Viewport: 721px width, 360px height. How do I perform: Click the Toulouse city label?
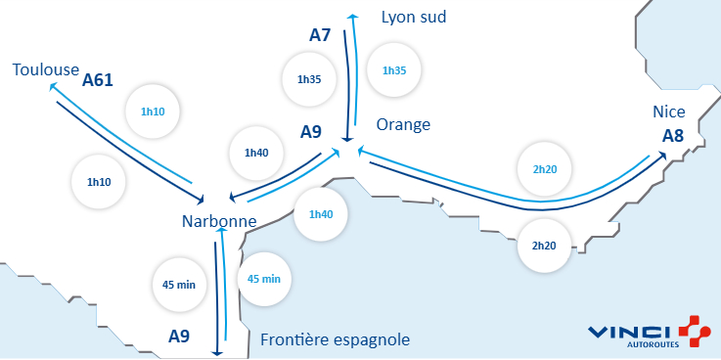[45, 69]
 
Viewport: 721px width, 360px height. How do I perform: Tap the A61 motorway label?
[98, 79]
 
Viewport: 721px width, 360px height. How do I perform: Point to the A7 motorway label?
[320, 35]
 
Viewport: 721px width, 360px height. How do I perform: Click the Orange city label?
[403, 124]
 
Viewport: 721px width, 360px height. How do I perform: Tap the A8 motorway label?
[672, 135]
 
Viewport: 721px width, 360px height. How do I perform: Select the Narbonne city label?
[219, 221]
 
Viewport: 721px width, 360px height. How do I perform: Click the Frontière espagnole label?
[335, 339]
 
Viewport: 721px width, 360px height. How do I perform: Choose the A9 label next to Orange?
[311, 131]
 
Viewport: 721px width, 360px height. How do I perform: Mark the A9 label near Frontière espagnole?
[179, 336]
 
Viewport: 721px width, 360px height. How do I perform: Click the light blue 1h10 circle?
[153, 112]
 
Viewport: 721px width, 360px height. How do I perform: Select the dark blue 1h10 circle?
[99, 182]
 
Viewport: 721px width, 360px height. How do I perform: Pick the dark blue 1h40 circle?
[255, 152]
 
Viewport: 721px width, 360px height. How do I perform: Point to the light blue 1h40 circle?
[321, 214]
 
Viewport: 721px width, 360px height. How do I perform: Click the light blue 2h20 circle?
[545, 169]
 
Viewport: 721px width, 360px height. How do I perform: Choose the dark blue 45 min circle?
[179, 285]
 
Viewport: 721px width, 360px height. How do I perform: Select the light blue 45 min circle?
[264, 279]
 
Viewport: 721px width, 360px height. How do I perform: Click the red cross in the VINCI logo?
[692, 333]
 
